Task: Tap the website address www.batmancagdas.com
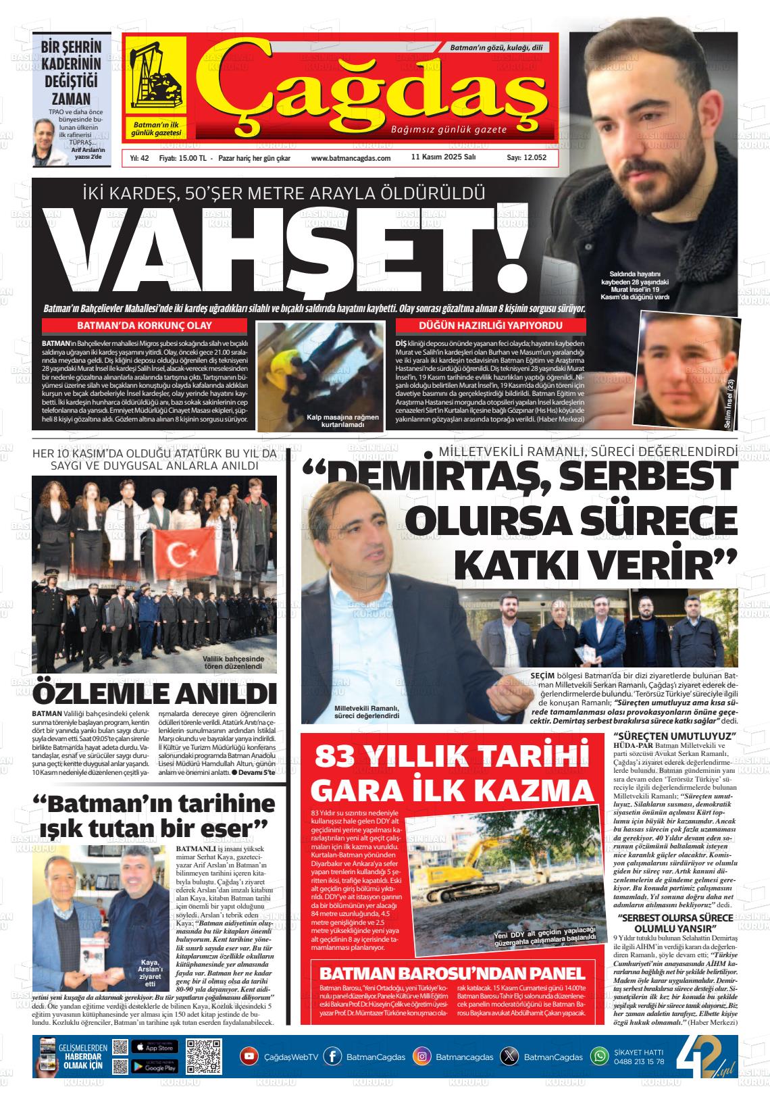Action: [x=351, y=158]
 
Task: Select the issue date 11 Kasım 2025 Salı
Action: [x=444, y=157]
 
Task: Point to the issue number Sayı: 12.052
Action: [x=526, y=158]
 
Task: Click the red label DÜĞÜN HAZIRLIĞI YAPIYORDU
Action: [x=491, y=326]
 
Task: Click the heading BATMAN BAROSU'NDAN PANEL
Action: [x=451, y=974]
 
